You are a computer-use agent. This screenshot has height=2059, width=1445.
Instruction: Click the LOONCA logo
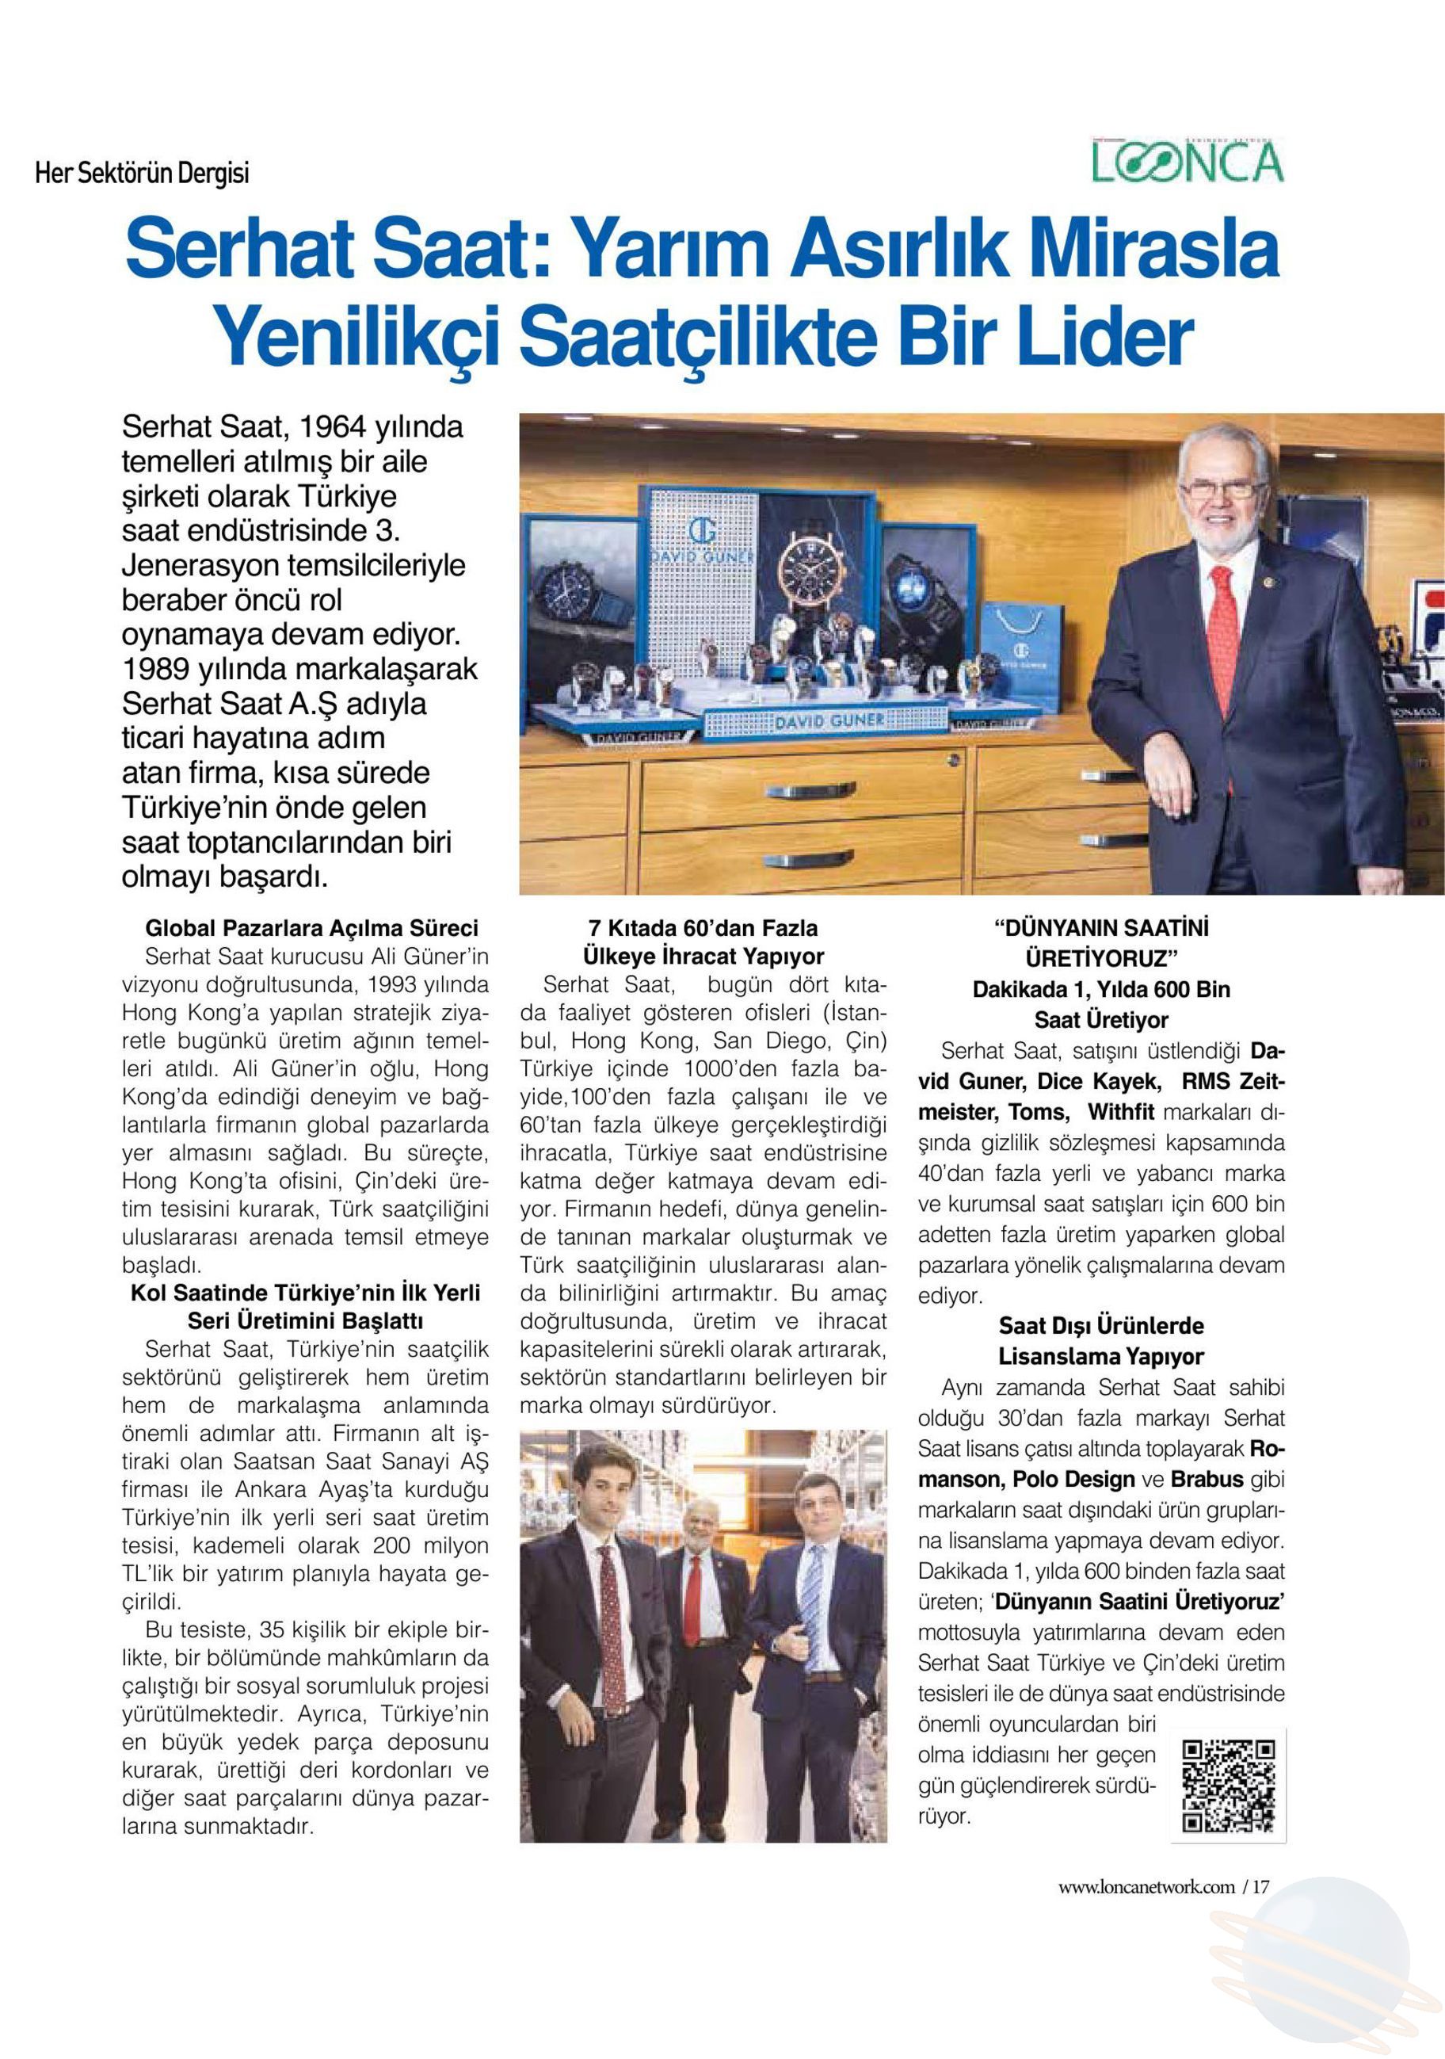[1187, 162]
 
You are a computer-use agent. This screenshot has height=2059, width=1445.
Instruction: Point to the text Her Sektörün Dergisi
[142, 172]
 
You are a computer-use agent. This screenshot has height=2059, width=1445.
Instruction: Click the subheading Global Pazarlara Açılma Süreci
[312, 927]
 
